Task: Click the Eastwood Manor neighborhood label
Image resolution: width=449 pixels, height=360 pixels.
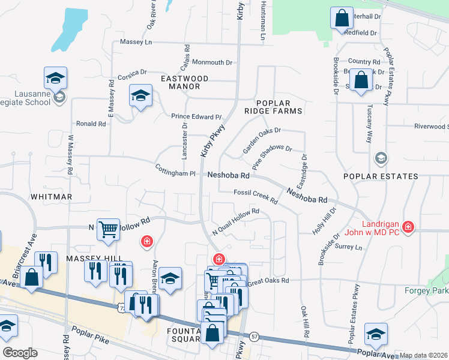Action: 184,83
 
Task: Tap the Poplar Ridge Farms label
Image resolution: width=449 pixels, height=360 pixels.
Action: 277,107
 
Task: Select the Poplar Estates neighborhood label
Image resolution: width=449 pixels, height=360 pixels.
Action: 381,176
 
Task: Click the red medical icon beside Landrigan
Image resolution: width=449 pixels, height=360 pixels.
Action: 408,227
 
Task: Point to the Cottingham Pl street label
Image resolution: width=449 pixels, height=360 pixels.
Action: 175,170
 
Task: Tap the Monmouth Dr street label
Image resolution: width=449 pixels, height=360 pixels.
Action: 211,62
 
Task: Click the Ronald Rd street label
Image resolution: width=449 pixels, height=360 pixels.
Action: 91,124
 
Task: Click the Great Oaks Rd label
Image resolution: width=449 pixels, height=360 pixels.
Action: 268,280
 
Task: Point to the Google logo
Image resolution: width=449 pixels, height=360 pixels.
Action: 20,353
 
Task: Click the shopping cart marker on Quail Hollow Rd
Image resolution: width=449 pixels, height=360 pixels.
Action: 108,229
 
